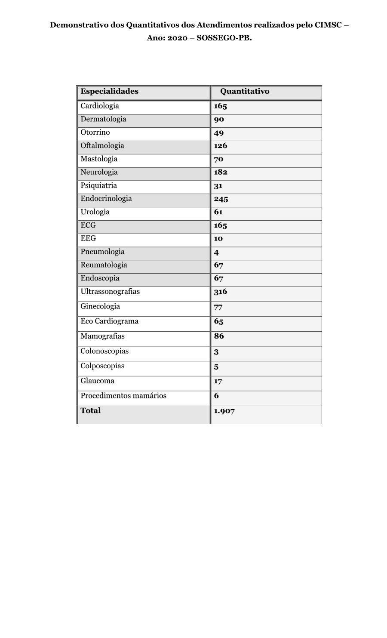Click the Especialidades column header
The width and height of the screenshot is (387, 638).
coord(109,91)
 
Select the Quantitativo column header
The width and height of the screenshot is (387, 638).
coord(245,91)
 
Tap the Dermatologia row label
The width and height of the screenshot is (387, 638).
coord(103,119)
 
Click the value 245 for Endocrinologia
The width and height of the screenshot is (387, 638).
coord(221,199)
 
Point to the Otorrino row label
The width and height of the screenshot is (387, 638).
coord(95,133)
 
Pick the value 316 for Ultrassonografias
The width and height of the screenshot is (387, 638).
coord(221,292)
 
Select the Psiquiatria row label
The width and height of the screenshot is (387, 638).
coord(98,185)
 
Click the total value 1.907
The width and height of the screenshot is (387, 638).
coord(224,411)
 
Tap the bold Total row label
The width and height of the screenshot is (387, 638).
coord(90,410)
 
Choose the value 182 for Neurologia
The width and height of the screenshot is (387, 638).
coord(221,172)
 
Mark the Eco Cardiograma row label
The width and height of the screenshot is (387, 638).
coord(109,321)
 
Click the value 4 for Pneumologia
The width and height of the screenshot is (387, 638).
coord(216,253)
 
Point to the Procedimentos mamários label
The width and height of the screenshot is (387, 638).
coord(123,396)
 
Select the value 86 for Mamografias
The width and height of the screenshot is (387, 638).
coord(219,336)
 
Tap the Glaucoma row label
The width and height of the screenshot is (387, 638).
coord(97,381)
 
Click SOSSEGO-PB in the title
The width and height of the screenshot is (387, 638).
coord(224,38)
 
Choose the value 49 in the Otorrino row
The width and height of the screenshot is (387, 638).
coord(219,133)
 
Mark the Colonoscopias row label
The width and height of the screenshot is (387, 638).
coord(104,351)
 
